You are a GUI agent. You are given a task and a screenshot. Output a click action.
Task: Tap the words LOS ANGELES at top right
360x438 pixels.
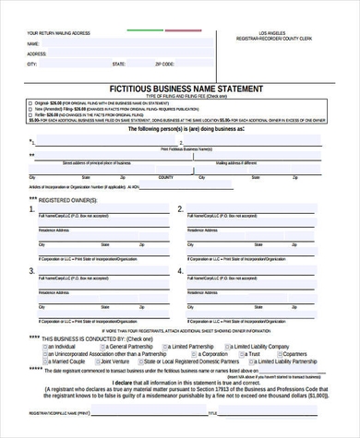click(x=276, y=33)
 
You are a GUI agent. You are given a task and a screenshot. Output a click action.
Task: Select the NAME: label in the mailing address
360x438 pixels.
click(x=32, y=43)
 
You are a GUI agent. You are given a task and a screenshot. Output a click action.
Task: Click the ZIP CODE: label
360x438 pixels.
click(x=163, y=65)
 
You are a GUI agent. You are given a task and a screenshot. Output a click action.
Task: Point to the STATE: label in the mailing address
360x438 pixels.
click(x=118, y=65)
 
